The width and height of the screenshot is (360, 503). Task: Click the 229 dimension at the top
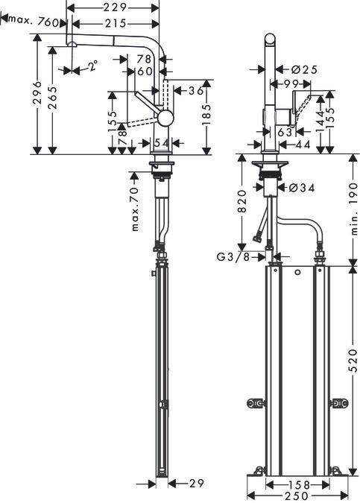coord(113,7)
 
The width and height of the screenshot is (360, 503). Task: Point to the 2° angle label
coord(92,66)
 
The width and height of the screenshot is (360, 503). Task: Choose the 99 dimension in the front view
coord(291,84)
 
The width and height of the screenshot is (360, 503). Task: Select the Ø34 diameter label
coord(300,188)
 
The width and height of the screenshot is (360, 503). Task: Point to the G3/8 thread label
coord(234,257)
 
